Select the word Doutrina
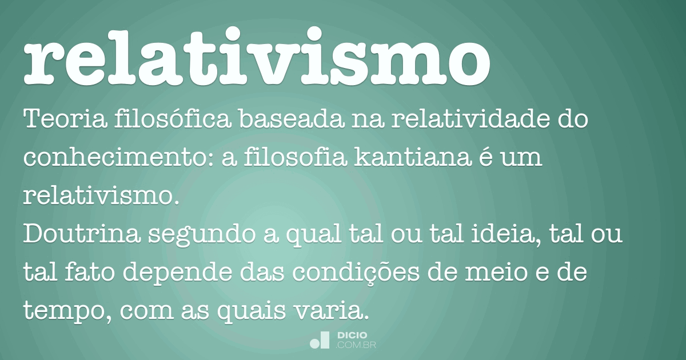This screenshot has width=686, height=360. click(72, 235)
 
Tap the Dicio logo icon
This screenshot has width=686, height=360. click(320, 340)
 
